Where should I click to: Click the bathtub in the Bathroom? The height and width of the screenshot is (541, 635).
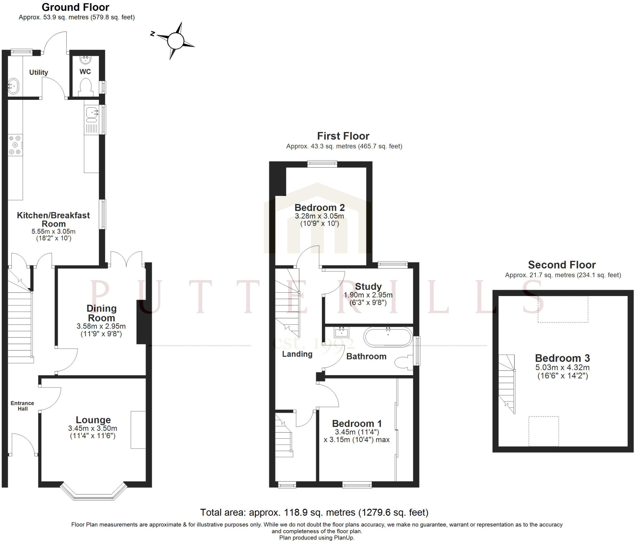[388, 337]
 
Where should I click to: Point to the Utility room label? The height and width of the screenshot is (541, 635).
[38, 72]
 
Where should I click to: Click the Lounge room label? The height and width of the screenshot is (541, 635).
[93, 420]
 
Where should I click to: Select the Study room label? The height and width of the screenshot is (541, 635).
[368, 286]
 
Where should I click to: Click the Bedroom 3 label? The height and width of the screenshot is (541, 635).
[562, 358]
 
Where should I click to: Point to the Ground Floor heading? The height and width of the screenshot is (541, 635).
[75, 7]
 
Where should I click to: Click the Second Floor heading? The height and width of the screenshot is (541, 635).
[562, 265]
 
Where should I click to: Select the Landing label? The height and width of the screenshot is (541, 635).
[297, 354]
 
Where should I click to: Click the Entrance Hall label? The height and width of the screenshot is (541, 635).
[22, 406]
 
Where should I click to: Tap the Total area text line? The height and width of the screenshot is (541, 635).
[314, 512]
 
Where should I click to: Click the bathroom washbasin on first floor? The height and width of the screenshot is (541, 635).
[342, 332]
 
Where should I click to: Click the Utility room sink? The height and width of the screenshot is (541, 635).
[13, 86]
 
